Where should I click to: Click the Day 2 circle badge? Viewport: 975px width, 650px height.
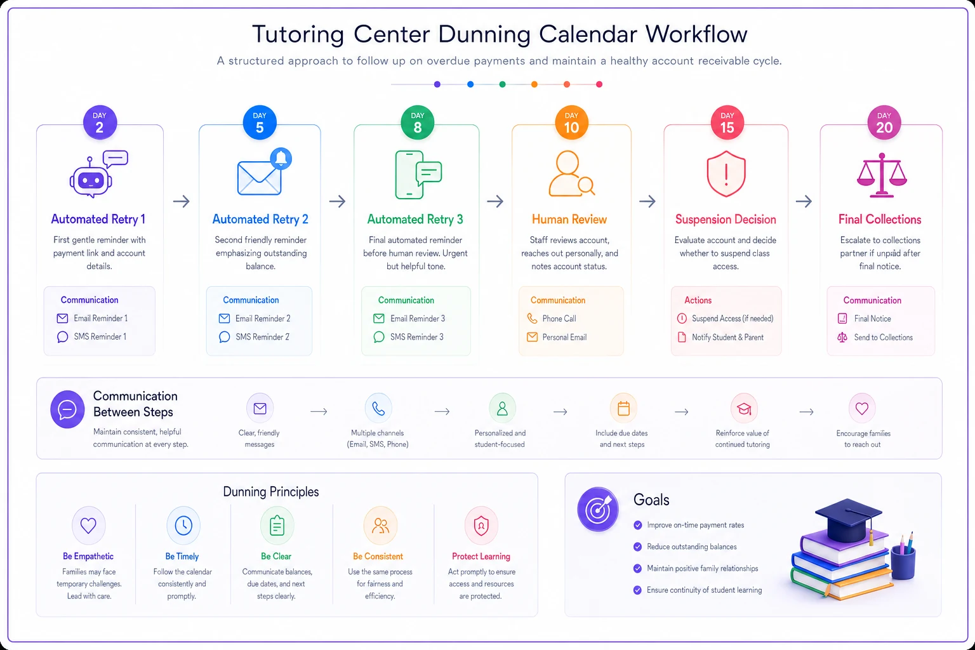pyautogui.click(x=100, y=123)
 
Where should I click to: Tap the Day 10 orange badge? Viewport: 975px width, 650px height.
pyautogui.click(x=571, y=123)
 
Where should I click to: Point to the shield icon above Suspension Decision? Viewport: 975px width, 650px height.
pyautogui.click(x=726, y=174)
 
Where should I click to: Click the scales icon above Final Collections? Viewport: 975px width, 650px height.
pyautogui.click(x=882, y=175)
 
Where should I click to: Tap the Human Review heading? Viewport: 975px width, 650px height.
pyautogui.click(x=569, y=220)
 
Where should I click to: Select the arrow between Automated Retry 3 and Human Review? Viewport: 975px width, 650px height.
pyautogui.click(x=495, y=201)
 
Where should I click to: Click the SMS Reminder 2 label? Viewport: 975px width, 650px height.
pyautogui.click(x=262, y=337)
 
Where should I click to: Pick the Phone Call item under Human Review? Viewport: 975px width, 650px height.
pyautogui.click(x=559, y=319)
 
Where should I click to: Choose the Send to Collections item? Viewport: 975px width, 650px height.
pyautogui.click(x=883, y=338)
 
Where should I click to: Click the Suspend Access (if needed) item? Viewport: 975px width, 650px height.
pyautogui.click(x=733, y=319)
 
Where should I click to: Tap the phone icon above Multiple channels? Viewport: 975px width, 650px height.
pyautogui.click(x=378, y=408)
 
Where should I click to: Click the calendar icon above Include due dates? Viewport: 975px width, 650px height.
pyautogui.click(x=623, y=408)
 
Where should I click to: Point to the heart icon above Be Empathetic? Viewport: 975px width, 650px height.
pyautogui.click(x=88, y=526)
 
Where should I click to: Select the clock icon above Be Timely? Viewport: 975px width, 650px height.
pyautogui.click(x=183, y=526)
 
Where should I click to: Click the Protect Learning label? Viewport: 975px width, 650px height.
pyautogui.click(x=481, y=557)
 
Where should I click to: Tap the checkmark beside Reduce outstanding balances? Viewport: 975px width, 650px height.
pyautogui.click(x=638, y=547)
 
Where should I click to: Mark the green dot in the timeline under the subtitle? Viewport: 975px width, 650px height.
pyautogui.click(x=502, y=84)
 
